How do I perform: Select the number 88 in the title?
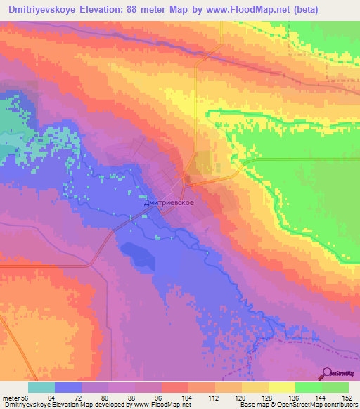coord(140,10)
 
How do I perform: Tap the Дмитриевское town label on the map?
coord(169,202)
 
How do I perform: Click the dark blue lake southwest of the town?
coord(139,254)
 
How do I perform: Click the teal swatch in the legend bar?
coord(41,387)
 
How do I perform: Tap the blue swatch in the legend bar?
coord(68,387)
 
